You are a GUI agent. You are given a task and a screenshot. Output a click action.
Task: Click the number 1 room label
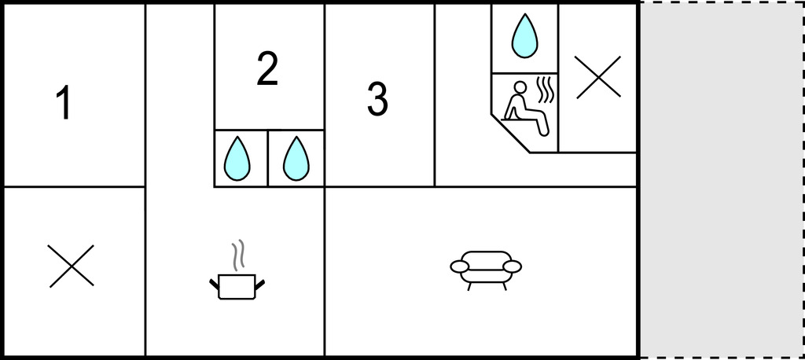(x=63, y=103)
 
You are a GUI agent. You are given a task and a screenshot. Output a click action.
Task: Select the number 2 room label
(x=267, y=68)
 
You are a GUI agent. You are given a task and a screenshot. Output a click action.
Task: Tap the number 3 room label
(x=377, y=99)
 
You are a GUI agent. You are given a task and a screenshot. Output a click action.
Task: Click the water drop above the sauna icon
(x=524, y=35)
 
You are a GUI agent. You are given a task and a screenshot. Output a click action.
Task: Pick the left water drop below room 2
(x=237, y=158)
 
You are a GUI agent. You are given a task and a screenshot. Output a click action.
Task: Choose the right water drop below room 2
(x=296, y=158)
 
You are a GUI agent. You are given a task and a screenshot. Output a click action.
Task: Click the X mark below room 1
(x=72, y=266)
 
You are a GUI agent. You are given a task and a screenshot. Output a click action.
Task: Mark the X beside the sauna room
(x=598, y=77)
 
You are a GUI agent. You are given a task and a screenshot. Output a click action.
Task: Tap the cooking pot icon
(x=237, y=270)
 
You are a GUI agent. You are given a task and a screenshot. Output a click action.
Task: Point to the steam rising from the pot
(x=237, y=255)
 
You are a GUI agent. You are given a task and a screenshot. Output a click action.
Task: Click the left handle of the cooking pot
(x=215, y=284)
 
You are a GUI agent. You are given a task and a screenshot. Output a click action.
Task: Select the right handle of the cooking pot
(x=259, y=284)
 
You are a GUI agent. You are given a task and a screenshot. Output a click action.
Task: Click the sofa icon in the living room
(x=486, y=270)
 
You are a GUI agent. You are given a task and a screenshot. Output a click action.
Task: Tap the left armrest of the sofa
(x=459, y=266)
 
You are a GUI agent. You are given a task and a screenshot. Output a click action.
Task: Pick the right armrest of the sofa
(x=512, y=266)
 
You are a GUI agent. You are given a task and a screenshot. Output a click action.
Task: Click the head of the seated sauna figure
(x=520, y=86)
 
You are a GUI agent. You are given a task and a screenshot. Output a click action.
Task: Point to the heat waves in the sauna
(x=546, y=90)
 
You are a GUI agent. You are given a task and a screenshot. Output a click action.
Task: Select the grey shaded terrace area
(x=721, y=180)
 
